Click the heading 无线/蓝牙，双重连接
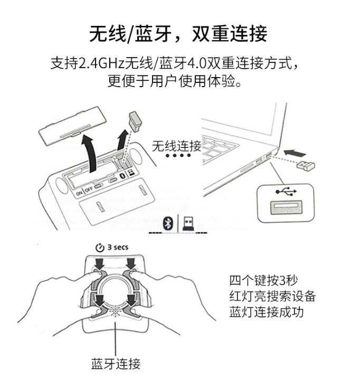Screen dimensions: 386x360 (x=178, y=33)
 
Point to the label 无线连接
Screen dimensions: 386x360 (x=176, y=146)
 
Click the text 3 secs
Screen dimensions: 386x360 (x=117, y=247)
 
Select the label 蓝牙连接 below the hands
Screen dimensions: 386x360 (x=116, y=363)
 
